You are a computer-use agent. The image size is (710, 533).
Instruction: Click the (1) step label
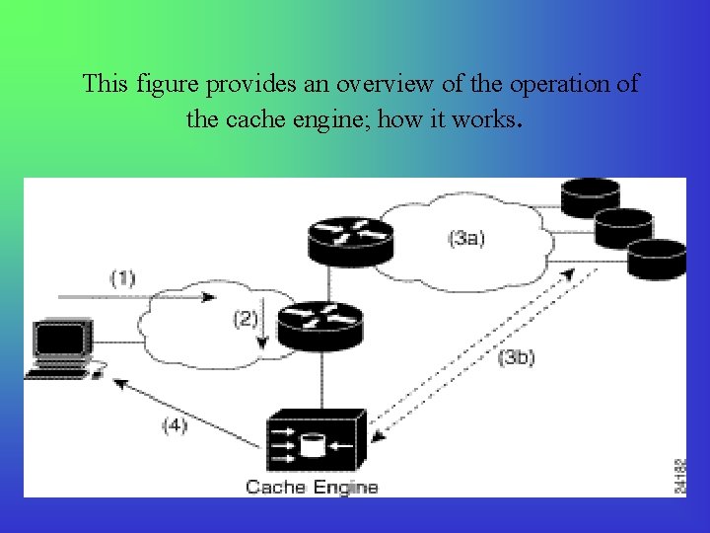(x=122, y=277)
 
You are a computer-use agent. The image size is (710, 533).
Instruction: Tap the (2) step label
(x=246, y=319)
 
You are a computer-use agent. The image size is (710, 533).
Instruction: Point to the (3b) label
(x=517, y=357)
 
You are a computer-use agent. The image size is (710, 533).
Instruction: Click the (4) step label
(x=175, y=425)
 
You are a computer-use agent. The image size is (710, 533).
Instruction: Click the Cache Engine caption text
(x=312, y=486)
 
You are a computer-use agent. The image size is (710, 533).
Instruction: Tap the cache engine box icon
(x=317, y=439)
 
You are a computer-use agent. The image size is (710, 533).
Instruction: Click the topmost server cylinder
(x=590, y=197)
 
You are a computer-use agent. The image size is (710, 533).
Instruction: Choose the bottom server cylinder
(x=657, y=259)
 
